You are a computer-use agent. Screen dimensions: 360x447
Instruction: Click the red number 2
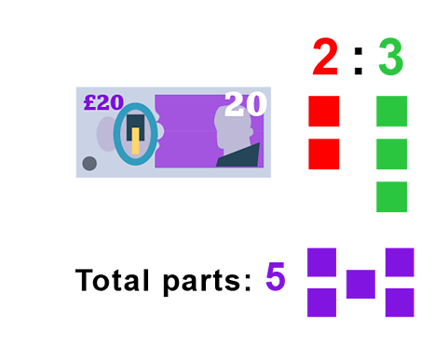point(324,58)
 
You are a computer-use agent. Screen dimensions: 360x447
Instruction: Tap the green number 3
point(391,58)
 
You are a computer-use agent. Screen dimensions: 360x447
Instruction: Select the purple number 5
point(275,276)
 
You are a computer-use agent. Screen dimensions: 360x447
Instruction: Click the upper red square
point(324,111)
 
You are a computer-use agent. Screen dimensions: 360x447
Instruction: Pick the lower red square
point(324,153)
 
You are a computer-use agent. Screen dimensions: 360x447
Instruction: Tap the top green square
point(392,111)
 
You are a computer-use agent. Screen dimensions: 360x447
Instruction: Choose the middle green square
point(392,153)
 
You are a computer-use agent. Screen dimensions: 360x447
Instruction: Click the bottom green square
point(392,196)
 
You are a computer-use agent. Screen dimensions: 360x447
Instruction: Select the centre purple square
point(360,285)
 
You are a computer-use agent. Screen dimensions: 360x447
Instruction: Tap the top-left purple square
point(321,262)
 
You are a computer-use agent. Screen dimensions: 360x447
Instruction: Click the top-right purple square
point(400,262)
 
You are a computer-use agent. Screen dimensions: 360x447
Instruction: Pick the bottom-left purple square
point(321,302)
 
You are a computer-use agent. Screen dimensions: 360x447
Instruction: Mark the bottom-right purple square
point(400,302)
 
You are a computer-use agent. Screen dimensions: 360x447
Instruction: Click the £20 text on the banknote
point(103,102)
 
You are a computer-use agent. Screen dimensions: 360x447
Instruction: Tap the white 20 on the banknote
point(245,104)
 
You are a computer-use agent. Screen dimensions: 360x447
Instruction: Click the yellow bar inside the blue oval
point(135,141)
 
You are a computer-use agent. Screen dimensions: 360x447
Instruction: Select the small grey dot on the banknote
point(89,164)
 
